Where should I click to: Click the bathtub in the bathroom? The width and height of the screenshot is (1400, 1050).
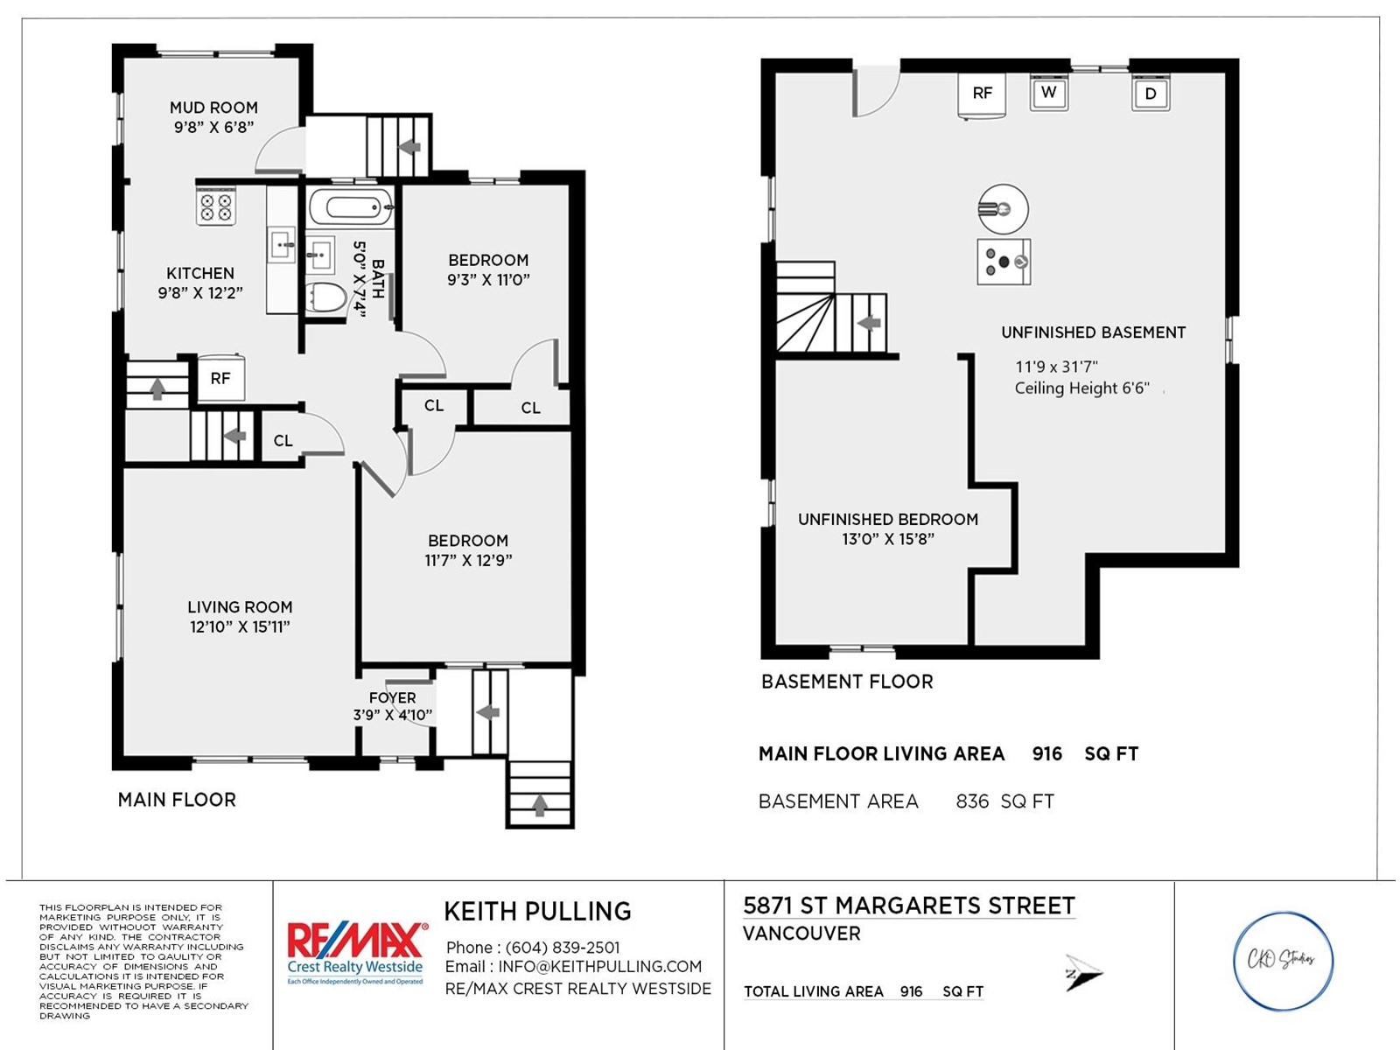(351, 206)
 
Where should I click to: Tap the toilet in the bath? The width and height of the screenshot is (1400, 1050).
(325, 297)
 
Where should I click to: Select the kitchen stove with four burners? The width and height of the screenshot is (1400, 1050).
(216, 206)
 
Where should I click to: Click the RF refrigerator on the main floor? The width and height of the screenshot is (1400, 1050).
(220, 378)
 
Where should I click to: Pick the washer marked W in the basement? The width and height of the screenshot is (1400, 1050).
(1048, 93)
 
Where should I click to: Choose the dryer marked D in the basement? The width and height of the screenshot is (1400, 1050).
(1151, 94)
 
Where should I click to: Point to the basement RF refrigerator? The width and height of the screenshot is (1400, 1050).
(983, 95)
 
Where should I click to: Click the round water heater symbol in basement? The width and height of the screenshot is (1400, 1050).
(1004, 208)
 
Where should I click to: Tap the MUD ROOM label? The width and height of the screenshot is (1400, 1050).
(213, 108)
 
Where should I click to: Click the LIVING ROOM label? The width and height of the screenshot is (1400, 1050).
(240, 607)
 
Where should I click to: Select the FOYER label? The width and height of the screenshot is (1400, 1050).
(392, 698)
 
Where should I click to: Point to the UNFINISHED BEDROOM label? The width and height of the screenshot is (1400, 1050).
(888, 520)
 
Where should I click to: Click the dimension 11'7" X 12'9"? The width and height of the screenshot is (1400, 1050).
(469, 560)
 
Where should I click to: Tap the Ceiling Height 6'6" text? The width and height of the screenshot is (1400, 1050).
(1081, 388)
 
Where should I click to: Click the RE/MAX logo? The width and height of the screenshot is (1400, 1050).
(355, 953)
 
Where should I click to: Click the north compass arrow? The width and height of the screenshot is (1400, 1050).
(1083, 973)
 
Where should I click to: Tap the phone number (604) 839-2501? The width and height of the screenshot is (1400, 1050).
(563, 948)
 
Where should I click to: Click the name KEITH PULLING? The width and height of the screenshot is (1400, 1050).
(537, 912)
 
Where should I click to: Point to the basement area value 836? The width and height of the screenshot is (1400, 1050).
(972, 801)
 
